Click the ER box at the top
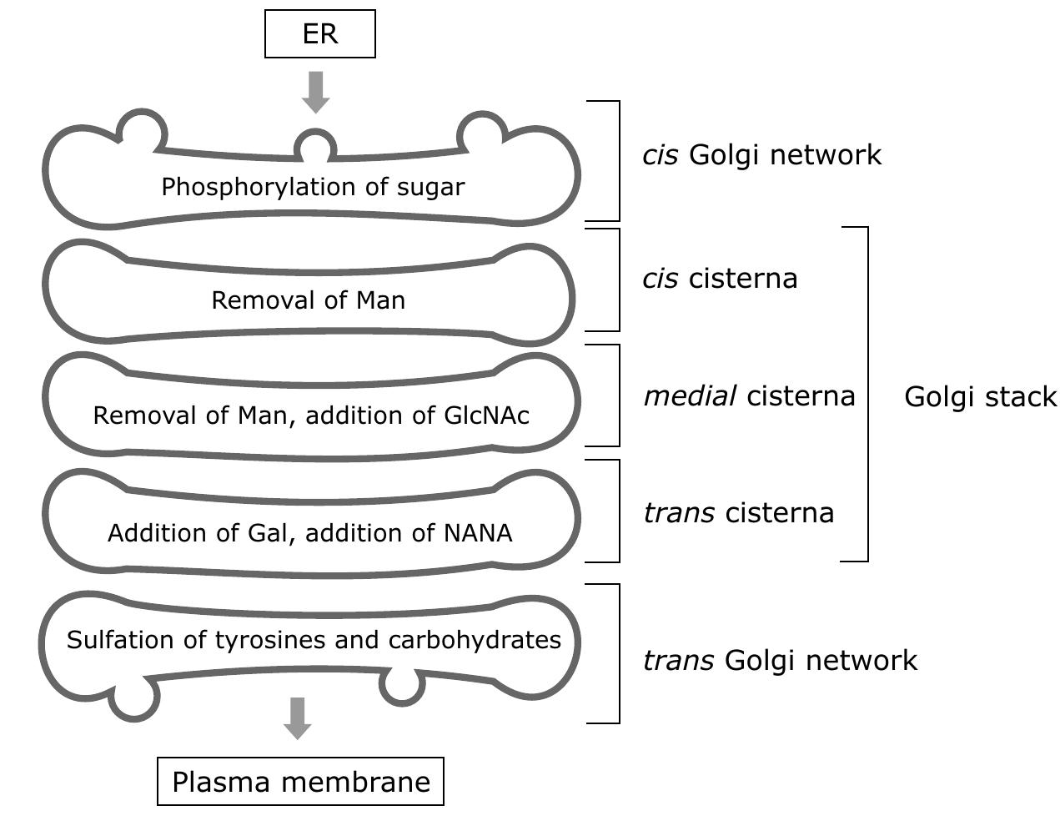tap(320, 34)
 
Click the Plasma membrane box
tap(300, 782)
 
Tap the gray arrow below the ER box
tap(316, 92)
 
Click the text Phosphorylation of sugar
tap(313, 187)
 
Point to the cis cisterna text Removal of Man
tap(308, 300)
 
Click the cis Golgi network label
tap(761, 155)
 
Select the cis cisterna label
tap(720, 279)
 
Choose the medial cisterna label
tap(749, 396)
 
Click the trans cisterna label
tap(738, 512)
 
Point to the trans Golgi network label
tap(780, 661)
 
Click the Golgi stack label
tap(980, 396)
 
